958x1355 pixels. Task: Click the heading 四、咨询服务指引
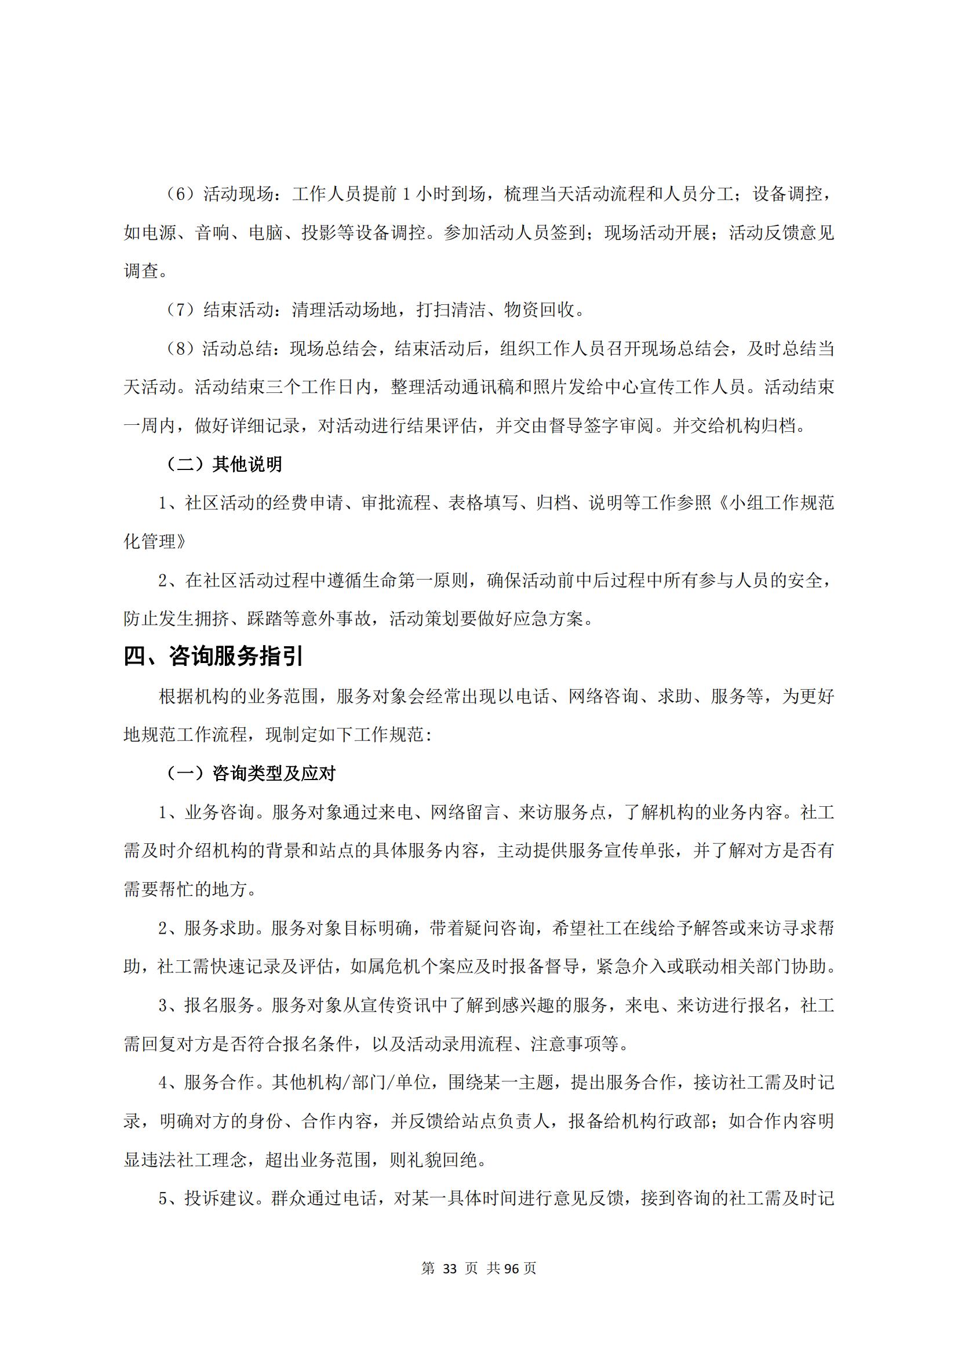point(213,656)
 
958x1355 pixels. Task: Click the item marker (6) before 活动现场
point(177,194)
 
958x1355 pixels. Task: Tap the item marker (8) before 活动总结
point(177,349)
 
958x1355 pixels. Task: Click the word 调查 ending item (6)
point(141,271)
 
